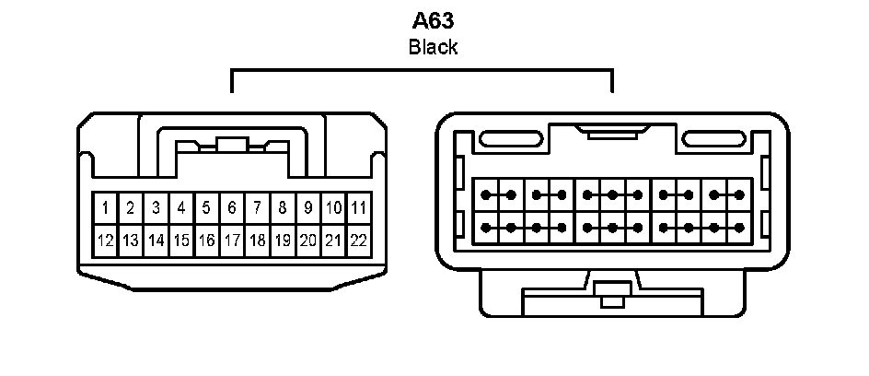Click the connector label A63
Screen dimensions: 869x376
433,21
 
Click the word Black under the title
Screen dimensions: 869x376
433,48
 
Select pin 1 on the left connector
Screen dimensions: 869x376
106,207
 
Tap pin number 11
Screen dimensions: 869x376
359,207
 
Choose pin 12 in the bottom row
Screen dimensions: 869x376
106,241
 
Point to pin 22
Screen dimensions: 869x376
359,241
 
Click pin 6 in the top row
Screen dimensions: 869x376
232,207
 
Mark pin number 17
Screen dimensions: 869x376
232,241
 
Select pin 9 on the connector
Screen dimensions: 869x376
308,207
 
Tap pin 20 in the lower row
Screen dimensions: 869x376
308,241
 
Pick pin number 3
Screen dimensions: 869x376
156,207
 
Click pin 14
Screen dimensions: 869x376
156,241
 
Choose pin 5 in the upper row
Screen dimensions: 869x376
207,207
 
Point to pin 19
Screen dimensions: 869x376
283,241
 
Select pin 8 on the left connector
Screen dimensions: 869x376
283,207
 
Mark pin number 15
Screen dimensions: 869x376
181,241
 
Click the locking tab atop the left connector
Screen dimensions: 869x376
232,146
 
